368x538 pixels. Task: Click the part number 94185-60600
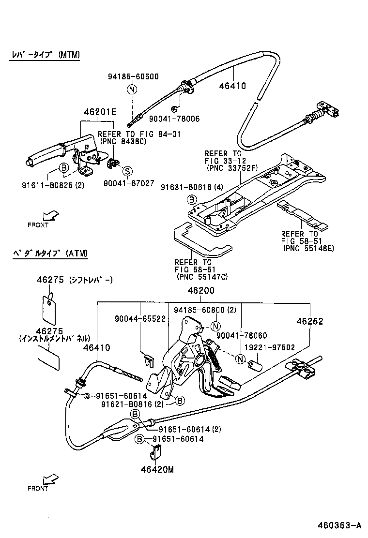pos(133,76)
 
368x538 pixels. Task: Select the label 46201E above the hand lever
pos(100,112)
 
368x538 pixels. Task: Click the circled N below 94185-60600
pos(132,89)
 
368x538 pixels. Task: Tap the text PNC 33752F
pos(232,168)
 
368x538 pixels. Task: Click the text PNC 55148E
pos(308,248)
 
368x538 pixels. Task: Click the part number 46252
pos(310,321)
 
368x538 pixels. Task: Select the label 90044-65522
pos(140,319)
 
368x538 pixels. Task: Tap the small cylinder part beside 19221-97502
pos(255,363)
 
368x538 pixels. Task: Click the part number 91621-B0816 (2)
pos(133,404)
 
